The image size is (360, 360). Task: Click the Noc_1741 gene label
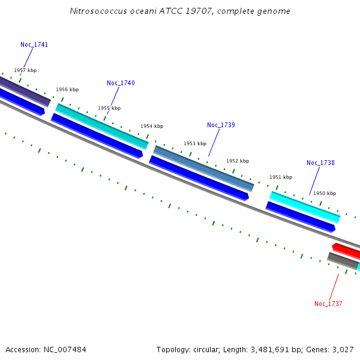pyautogui.click(x=34, y=44)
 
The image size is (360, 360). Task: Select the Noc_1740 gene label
pyautogui.click(x=121, y=83)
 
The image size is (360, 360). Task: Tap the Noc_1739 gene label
pyautogui.click(x=221, y=125)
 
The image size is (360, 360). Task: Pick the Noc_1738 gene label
pyautogui.click(x=320, y=163)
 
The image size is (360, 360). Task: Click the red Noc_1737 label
pyautogui.click(x=328, y=304)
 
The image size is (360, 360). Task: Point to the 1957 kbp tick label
pyautogui.click(x=25, y=70)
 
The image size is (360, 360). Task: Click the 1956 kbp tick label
pyautogui.click(x=67, y=89)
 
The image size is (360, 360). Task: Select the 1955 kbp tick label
pyautogui.click(x=109, y=108)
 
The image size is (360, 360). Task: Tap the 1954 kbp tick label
pyautogui.click(x=152, y=126)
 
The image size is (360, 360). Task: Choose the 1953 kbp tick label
pyautogui.click(x=195, y=143)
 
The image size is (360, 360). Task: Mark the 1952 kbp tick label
pyautogui.click(x=238, y=161)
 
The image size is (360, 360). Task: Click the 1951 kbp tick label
pyautogui.click(x=281, y=177)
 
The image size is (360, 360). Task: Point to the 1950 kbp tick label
pyautogui.click(x=325, y=193)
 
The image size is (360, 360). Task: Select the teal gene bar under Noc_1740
pyautogui.click(x=102, y=126)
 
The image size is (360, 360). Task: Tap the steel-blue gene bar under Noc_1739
pyautogui.click(x=204, y=167)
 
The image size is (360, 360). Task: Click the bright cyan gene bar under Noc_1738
pyautogui.click(x=305, y=206)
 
